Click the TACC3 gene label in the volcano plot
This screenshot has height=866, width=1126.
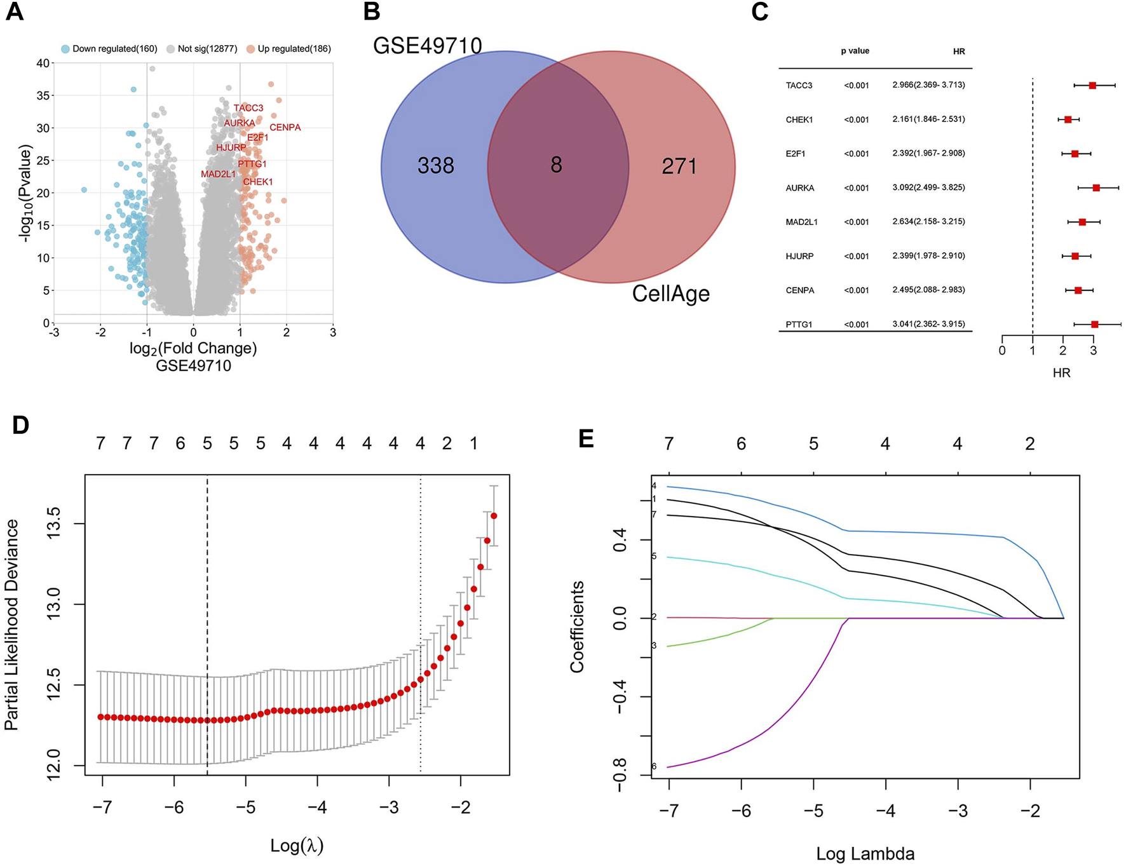248,108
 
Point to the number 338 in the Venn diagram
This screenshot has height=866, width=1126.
435,166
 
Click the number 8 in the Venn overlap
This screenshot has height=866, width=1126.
556,165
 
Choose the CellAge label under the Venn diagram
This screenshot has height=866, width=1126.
670,294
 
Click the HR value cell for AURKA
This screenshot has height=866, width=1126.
928,188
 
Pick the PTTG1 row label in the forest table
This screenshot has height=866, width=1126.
799,325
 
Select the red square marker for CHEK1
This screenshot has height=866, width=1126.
1068,119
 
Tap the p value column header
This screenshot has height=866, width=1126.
855,51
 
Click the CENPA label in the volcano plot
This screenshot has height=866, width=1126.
285,128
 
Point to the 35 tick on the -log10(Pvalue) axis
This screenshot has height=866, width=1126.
43,95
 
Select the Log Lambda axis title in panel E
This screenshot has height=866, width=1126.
865,854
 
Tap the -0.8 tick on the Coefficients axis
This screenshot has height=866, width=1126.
620,775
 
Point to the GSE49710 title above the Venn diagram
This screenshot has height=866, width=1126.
427,46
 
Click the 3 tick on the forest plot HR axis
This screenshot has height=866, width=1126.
1093,351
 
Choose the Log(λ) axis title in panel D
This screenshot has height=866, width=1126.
297,846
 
